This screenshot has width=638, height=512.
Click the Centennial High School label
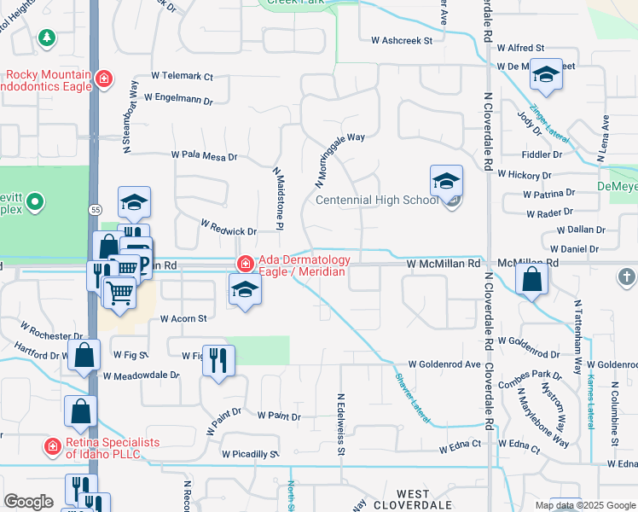tap(377, 201)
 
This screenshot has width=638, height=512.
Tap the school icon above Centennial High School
tap(445, 181)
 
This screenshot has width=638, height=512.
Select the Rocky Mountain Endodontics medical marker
tap(103, 79)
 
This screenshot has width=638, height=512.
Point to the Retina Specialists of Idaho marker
tap(51, 446)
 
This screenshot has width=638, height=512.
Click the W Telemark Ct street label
tap(182, 77)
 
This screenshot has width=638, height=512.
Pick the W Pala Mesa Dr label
tap(204, 156)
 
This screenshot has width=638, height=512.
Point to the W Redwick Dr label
tap(228, 228)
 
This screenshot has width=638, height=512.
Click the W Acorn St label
tap(184, 319)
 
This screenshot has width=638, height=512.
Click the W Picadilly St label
tap(250, 455)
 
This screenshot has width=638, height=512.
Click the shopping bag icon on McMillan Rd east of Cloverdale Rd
tap(531, 279)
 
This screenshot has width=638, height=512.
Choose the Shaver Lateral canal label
tap(413, 398)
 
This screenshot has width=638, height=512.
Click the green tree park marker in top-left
tap(46, 38)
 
